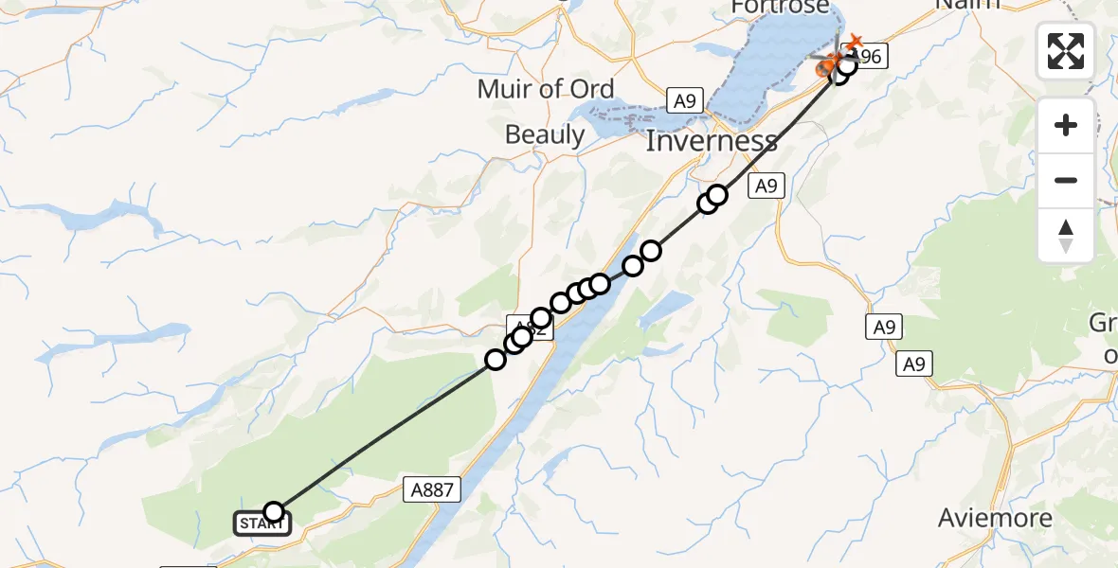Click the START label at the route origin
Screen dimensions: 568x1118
pyautogui.click(x=262, y=524)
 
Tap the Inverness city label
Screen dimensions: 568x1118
pyautogui.click(x=712, y=142)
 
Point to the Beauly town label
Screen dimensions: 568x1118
pyautogui.click(x=545, y=134)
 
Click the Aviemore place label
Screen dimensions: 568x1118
pyautogui.click(x=995, y=519)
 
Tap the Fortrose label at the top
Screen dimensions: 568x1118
pyautogui.click(x=781, y=8)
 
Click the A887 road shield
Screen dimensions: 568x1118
pyautogui.click(x=435, y=489)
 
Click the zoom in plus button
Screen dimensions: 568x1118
pyautogui.click(x=1066, y=126)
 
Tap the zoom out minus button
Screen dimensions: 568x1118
pyautogui.click(x=1066, y=181)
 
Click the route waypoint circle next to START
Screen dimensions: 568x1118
pyautogui.click(x=274, y=512)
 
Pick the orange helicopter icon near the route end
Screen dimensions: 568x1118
pyautogui.click(x=830, y=64)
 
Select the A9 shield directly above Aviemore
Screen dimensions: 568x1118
pyautogui.click(x=915, y=364)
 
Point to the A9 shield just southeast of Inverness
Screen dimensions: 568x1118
pyautogui.click(x=766, y=186)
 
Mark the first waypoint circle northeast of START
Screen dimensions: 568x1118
pyautogui.click(x=496, y=359)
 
